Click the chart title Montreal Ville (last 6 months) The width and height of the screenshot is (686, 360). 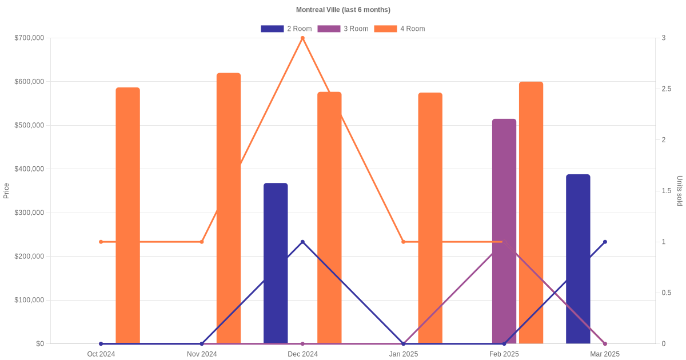click(343, 10)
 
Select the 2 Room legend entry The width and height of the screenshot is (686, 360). click(286, 29)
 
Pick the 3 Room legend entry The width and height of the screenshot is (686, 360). click(343, 29)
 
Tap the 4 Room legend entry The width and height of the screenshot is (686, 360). click(400, 29)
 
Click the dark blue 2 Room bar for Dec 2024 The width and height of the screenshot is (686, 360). click(276, 263)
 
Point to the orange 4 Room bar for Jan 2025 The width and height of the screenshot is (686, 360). click(430, 218)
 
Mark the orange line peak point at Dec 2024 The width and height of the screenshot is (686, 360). click(302, 38)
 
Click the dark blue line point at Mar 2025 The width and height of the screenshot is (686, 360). click(605, 242)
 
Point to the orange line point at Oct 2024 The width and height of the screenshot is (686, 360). click(101, 242)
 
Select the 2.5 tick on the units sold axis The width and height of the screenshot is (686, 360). click(667, 89)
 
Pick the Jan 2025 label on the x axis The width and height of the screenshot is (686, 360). click(404, 354)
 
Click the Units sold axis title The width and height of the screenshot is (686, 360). click(680, 191)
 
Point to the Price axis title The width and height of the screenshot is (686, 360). click(6, 191)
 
